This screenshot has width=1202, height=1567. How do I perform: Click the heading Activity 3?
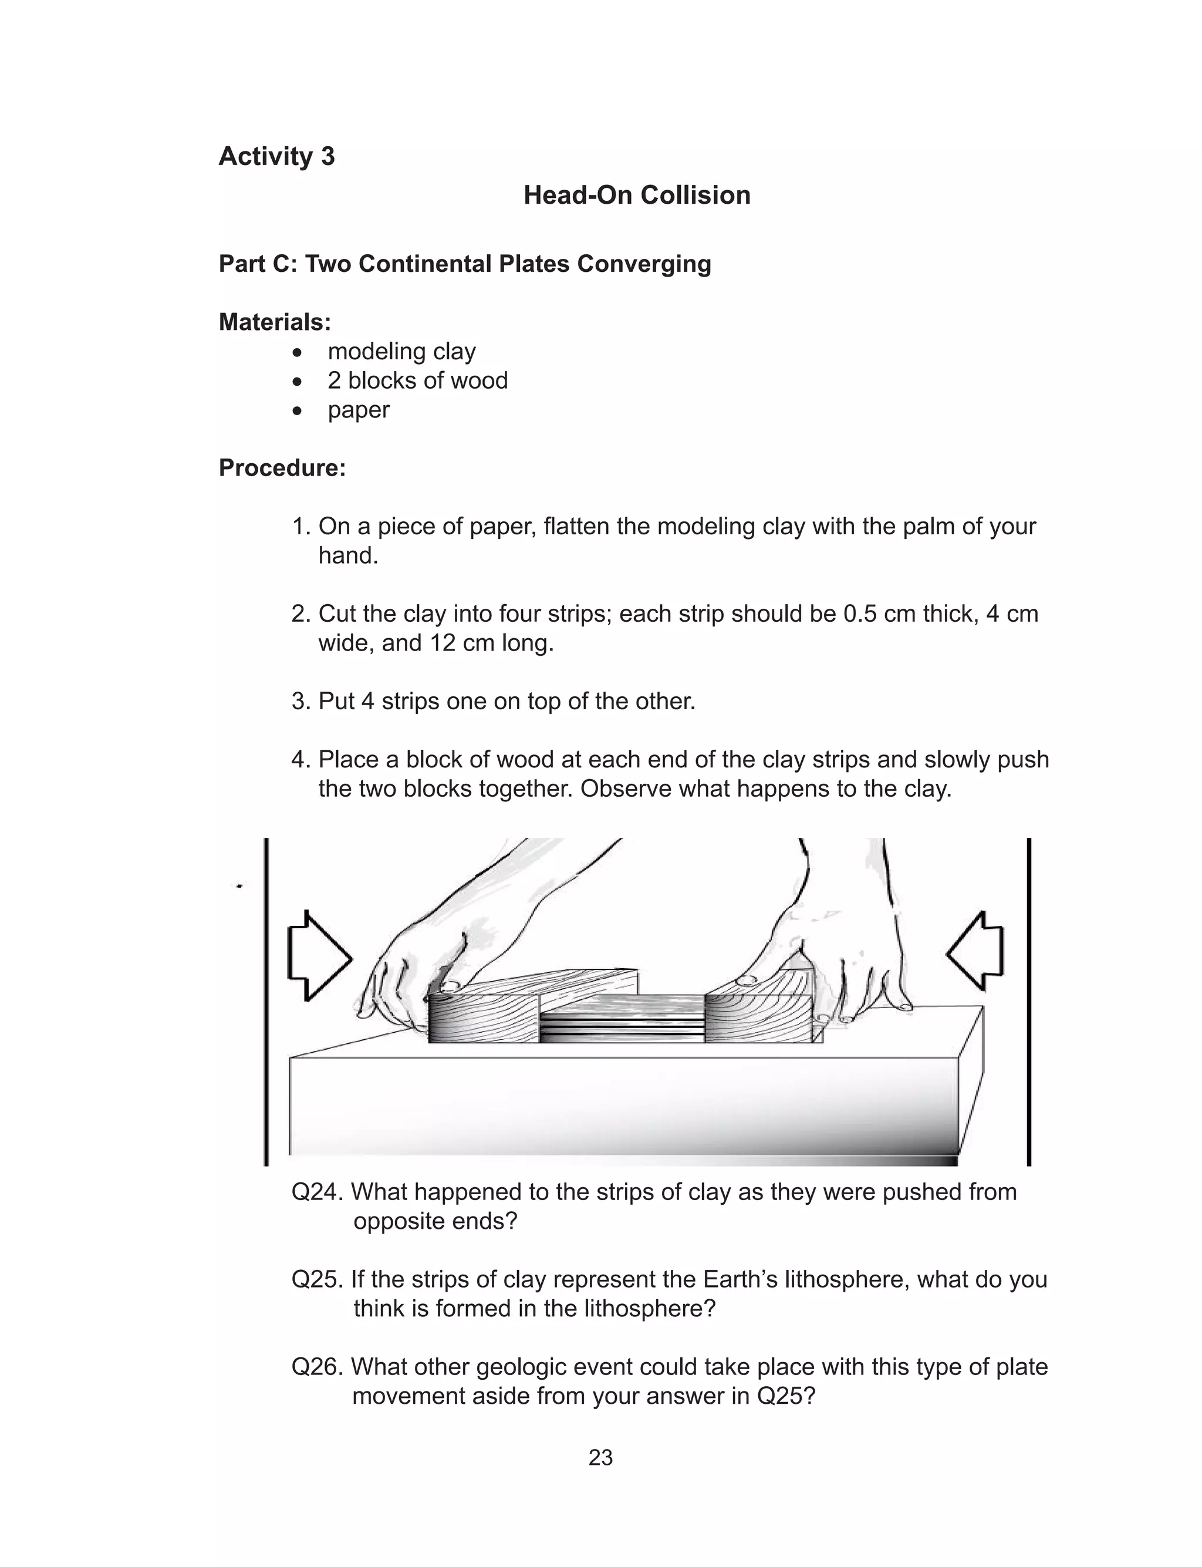[x=276, y=156]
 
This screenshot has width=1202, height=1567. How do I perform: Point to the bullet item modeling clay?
[x=401, y=351]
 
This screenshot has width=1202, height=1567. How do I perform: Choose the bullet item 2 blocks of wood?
[x=417, y=380]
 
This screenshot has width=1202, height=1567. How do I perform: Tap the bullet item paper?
[x=359, y=410]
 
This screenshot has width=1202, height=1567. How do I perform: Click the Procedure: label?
[x=282, y=468]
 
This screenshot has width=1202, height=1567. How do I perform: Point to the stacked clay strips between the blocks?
[x=621, y=1023]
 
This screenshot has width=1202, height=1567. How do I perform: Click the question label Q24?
[x=318, y=1192]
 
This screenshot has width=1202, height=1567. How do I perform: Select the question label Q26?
[x=318, y=1367]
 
